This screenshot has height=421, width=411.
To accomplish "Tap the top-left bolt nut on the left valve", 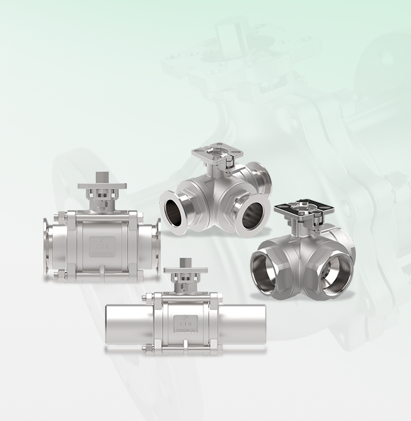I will (65, 214).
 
